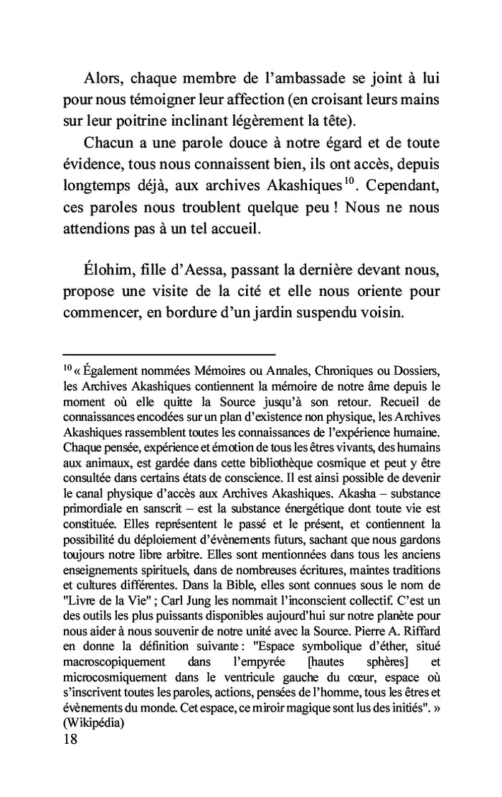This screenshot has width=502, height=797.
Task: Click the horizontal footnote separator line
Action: point(169,354)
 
